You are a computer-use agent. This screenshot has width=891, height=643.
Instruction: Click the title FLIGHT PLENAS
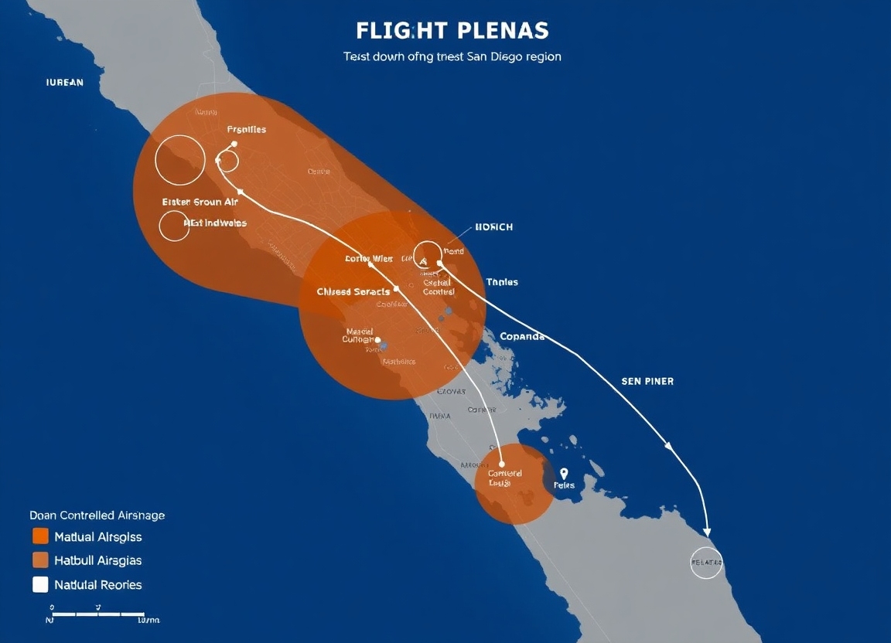(x=452, y=31)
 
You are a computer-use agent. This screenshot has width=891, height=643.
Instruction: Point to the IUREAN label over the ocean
(x=64, y=82)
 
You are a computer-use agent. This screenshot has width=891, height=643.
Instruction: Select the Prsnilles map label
(x=247, y=129)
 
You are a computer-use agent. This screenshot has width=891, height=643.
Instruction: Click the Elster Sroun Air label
(x=200, y=202)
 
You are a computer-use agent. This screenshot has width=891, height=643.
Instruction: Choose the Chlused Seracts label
(x=353, y=292)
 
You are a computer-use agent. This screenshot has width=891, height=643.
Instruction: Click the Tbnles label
(x=502, y=282)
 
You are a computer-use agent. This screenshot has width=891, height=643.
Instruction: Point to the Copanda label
(x=522, y=336)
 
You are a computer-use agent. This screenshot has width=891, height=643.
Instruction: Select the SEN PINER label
(x=647, y=381)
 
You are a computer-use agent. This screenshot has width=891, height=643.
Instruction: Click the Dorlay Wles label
(x=369, y=259)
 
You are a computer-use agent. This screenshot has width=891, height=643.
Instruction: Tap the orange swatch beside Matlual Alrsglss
(x=41, y=536)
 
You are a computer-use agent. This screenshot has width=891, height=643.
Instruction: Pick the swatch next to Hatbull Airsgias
(x=41, y=560)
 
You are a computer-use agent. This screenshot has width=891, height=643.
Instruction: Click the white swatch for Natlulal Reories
(x=41, y=584)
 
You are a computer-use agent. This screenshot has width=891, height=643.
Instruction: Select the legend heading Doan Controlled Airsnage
(x=97, y=515)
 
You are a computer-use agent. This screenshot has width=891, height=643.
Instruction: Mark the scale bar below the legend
(x=97, y=614)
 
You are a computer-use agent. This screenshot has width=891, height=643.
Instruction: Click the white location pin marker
(x=564, y=474)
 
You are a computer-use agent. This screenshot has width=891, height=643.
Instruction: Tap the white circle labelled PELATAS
(x=705, y=563)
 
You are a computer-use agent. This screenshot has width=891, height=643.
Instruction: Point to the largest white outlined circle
(x=180, y=160)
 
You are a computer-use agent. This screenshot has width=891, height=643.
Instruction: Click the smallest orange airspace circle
(x=514, y=484)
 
